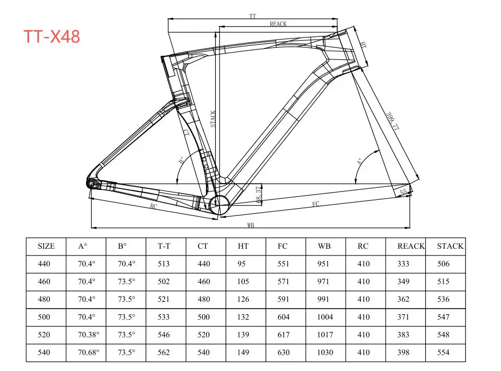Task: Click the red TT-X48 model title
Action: pos(52,36)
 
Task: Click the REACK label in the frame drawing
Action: pos(278,24)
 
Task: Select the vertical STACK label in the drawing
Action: pos(213,119)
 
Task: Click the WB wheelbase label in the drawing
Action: pos(250,225)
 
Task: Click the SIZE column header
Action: pos(46,246)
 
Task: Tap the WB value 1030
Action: pos(325,352)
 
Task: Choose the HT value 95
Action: pos(241,264)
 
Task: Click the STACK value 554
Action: pos(443,352)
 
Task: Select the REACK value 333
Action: pos(404,264)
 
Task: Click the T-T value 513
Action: pos(164,264)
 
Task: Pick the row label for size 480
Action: pos(44,299)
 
